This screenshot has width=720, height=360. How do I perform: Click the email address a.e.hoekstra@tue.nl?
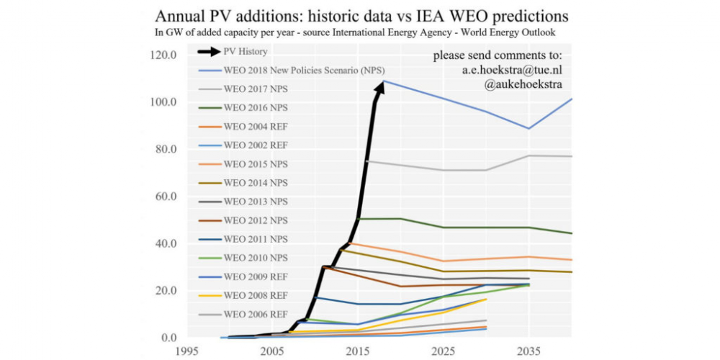511,71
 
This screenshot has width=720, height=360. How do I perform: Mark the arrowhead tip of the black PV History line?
383,81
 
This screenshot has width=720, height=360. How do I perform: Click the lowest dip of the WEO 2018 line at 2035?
529,128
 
